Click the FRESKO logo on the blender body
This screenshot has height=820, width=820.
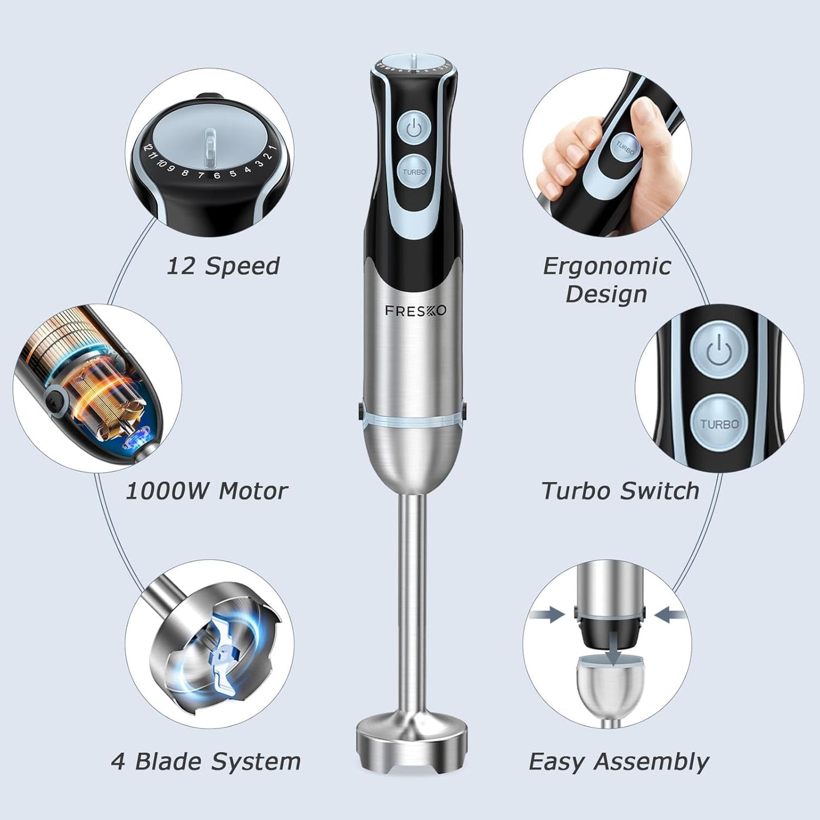[x=415, y=310]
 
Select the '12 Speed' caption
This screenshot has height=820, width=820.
[x=223, y=266]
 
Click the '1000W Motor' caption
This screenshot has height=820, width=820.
[x=207, y=491]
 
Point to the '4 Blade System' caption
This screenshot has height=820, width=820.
[x=206, y=761]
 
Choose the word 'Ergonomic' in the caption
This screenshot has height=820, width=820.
[x=607, y=266]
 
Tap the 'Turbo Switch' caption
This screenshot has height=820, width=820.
[x=620, y=491]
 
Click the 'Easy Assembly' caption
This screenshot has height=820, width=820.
[x=619, y=761]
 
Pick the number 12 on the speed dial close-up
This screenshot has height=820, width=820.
[x=148, y=148]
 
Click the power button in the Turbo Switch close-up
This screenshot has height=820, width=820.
[x=719, y=352]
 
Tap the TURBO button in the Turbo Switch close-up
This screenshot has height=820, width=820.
[x=719, y=423]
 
